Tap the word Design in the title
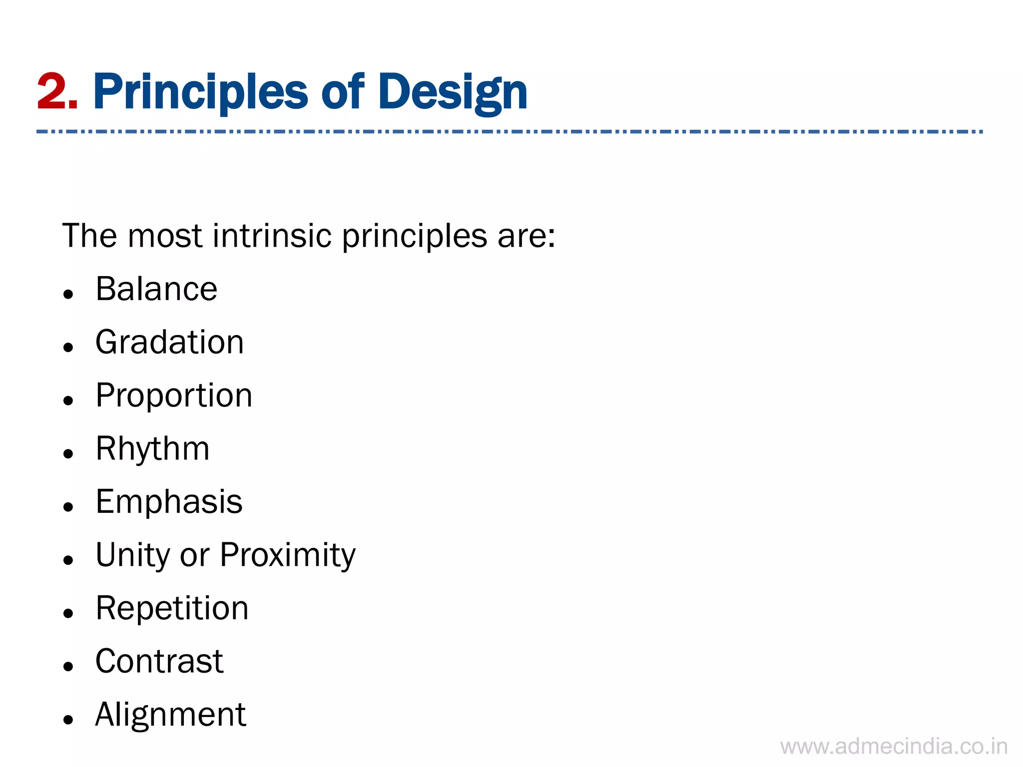tap(452, 92)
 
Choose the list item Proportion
tap(174, 395)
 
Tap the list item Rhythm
tap(152, 448)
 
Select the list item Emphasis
tap(169, 501)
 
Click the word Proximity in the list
tap(288, 555)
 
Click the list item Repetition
tap(172, 608)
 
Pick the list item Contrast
tap(159, 661)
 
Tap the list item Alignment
tap(170, 715)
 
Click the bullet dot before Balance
tap(68, 294)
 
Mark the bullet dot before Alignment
tap(68, 720)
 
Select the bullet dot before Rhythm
tap(68, 453)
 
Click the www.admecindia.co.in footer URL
tap(894, 747)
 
